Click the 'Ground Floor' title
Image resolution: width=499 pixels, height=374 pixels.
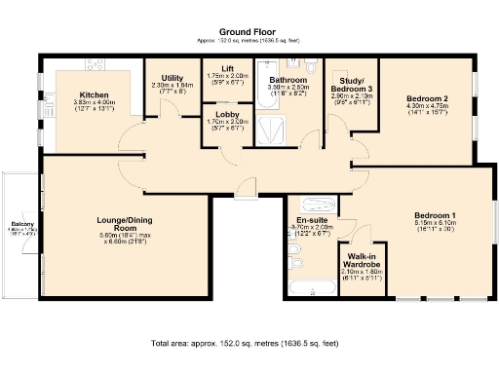coord(245,32)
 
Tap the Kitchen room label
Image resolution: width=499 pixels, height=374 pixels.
coord(95,95)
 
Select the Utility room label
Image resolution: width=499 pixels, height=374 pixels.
coord(173,78)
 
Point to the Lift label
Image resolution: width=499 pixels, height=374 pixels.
coord(227,68)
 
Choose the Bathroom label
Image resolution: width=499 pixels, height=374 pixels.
coord(288,79)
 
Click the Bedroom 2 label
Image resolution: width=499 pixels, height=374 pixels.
coord(426,99)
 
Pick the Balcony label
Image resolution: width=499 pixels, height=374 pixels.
coord(21,222)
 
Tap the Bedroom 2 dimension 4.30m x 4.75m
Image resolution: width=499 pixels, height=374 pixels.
coord(426,106)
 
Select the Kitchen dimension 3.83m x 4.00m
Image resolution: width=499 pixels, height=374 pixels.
coord(95,103)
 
